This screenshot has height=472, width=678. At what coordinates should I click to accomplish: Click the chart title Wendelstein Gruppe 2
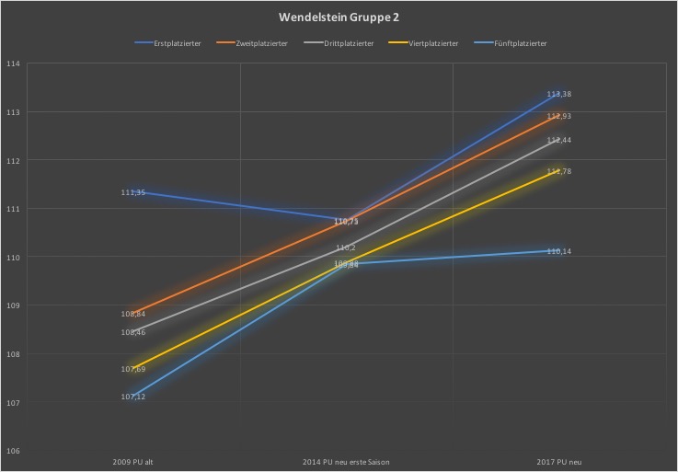[339, 17]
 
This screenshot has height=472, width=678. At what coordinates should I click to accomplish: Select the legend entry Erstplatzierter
[174, 43]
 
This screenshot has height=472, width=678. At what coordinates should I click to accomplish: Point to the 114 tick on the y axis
[14, 64]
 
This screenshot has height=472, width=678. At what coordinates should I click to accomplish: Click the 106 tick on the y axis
[14, 451]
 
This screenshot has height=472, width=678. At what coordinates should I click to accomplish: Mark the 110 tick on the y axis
[14, 258]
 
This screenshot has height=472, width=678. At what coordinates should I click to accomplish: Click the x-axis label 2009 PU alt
[133, 461]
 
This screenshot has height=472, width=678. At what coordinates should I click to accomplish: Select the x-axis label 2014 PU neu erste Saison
[346, 461]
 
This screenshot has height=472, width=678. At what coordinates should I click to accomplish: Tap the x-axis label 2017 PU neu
[559, 461]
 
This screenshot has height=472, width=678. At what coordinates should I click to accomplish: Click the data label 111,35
[133, 192]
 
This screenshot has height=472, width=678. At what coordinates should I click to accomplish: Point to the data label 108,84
[133, 314]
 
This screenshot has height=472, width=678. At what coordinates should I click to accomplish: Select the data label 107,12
[133, 397]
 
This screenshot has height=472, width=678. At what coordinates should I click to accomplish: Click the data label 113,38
[559, 94]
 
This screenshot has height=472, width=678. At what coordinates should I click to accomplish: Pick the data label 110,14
[559, 251]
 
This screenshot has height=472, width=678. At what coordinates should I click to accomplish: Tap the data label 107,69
[133, 369]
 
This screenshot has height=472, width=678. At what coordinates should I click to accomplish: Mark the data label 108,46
[133, 332]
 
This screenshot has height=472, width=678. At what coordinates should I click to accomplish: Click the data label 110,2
[346, 248]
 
